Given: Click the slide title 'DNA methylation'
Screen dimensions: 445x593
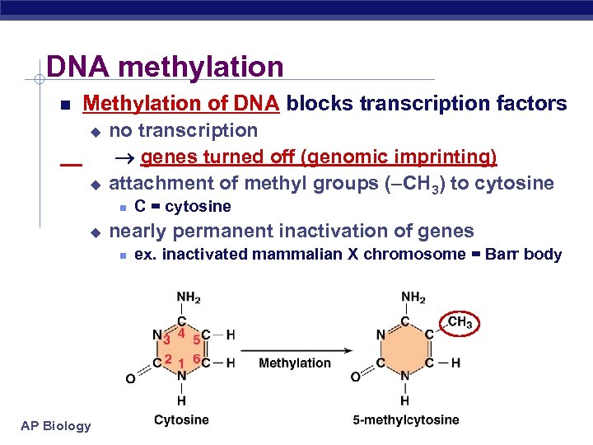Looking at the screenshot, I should tap(165, 67).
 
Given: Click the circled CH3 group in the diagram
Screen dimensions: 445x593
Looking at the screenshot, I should tap(460, 323).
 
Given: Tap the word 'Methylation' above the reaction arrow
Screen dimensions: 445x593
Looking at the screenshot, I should tap(294, 363).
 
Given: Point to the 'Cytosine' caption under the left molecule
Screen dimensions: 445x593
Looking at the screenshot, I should tap(181, 420).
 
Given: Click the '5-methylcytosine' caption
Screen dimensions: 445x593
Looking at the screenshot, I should tap(406, 420).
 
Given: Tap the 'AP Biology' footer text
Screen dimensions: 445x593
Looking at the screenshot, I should tap(57, 426).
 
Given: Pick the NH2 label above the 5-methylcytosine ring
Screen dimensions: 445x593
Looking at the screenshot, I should tap(413, 297).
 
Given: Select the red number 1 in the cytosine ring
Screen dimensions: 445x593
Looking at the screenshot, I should tap(181, 363).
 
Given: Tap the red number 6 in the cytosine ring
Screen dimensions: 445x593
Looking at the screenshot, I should tap(196, 358).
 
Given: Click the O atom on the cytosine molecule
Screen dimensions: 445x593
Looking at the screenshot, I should tap(130, 378).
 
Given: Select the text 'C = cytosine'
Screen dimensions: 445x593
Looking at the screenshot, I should tap(183, 206).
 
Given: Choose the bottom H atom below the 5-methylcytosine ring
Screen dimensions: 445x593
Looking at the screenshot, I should tap(405, 401).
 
